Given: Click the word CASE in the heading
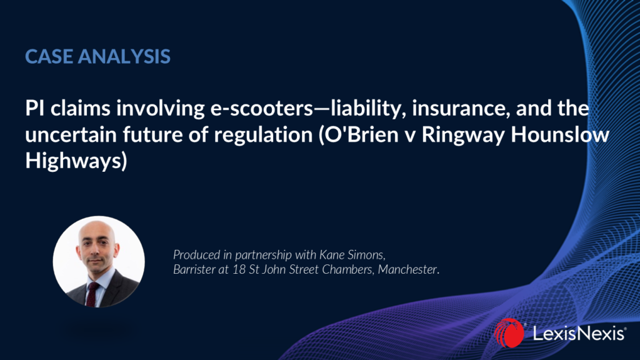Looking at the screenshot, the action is (49, 56).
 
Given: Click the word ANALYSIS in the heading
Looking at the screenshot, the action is (124, 56).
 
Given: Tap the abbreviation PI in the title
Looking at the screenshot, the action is (35, 109).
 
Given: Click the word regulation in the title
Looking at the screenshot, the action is (263, 135).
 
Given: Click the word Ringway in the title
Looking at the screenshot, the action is (463, 136).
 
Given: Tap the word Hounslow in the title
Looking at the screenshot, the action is (560, 135).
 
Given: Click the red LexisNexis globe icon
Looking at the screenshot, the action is (509, 333).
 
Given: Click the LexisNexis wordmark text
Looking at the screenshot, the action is (579, 334).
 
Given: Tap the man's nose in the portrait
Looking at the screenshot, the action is (96, 252).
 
